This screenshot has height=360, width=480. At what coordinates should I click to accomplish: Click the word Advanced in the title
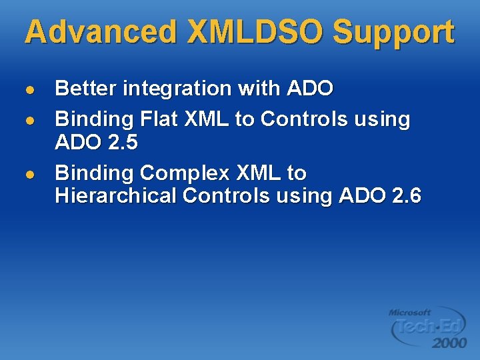[99, 32]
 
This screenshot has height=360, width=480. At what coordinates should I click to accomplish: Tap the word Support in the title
[393, 32]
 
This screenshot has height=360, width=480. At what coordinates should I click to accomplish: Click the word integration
[176, 89]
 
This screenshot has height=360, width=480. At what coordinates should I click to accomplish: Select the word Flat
[161, 119]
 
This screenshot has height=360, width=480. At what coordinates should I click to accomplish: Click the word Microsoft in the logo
[410, 312]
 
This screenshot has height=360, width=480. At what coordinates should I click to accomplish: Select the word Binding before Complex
[94, 173]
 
